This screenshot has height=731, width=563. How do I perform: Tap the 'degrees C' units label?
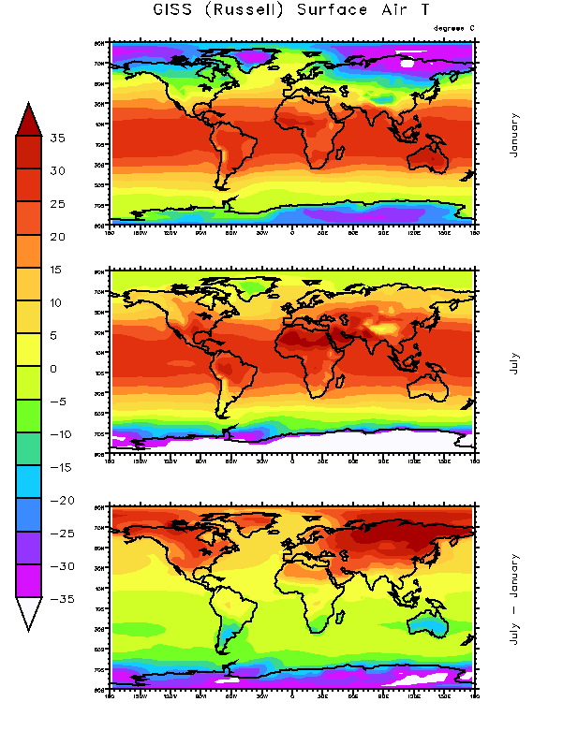point(454,28)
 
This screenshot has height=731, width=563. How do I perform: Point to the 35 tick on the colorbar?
point(58,139)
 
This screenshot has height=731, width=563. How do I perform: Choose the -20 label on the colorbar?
point(58,501)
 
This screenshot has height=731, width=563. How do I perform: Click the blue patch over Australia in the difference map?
point(433,620)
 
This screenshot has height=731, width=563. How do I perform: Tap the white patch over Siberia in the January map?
point(407,64)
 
